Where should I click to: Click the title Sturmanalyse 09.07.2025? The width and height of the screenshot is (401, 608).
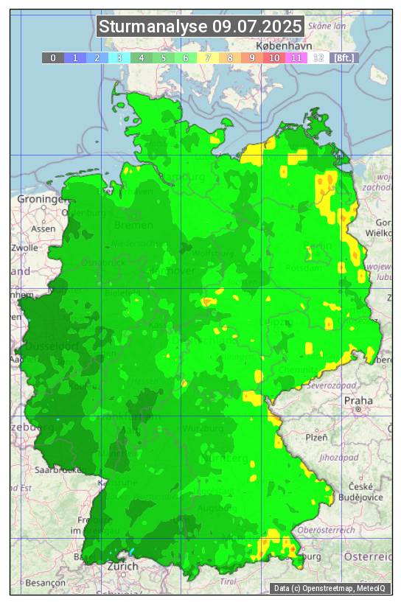pos(200,27)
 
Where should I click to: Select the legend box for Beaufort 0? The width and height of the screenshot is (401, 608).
pos(52,57)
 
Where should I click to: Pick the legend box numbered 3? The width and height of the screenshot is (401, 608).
pos(119,57)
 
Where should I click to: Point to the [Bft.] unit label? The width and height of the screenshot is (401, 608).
pos(344,57)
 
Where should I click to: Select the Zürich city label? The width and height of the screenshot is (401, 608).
pos(122,566)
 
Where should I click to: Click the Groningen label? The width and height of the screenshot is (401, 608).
pos(42,199)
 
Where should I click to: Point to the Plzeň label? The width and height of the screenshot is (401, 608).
pos(316,437)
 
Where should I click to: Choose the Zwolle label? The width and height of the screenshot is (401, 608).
pos(24,248)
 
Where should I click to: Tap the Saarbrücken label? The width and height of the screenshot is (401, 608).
pos(57,469)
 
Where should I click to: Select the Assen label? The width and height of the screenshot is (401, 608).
pos(43,228)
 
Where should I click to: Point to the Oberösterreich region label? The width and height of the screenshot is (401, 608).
pos(327,529)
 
